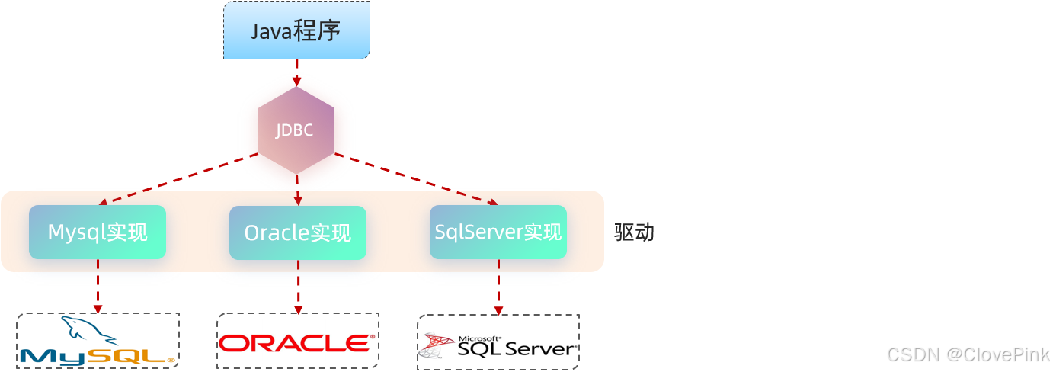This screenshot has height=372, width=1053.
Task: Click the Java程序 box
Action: click(x=296, y=30)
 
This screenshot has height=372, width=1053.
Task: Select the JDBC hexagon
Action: click(x=296, y=130)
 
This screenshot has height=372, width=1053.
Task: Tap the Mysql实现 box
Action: click(x=98, y=232)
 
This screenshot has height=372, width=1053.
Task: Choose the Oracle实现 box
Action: click(x=298, y=232)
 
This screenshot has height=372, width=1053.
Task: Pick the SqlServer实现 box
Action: click(x=498, y=232)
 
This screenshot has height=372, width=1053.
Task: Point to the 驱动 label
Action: click(x=634, y=232)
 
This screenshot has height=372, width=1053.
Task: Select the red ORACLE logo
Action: click(x=297, y=343)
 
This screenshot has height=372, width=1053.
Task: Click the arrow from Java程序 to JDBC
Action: click(x=296, y=73)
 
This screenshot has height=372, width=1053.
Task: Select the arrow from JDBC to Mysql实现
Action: click(x=179, y=179)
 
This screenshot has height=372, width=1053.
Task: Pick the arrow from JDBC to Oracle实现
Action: click(x=297, y=190)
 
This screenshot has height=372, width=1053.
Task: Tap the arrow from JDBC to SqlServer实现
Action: click(x=416, y=179)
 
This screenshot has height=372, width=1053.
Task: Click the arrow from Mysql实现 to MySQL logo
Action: click(x=98, y=286)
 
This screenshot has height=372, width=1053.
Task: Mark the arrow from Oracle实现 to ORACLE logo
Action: click(x=298, y=286)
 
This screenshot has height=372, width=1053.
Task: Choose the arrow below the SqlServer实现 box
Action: click(x=498, y=287)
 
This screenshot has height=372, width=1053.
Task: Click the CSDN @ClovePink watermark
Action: click(x=968, y=354)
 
